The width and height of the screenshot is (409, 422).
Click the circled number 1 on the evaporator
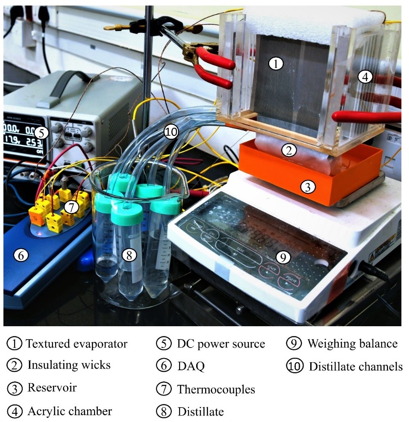(276, 64)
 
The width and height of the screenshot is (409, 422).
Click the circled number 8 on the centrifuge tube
(129, 255)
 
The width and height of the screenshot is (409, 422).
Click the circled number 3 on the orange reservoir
(306, 186)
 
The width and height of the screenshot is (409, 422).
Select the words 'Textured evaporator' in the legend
(77, 344)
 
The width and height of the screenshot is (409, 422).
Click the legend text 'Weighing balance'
(352, 344)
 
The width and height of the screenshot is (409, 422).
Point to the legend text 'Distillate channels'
(355, 366)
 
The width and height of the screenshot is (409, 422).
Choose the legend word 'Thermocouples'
(216, 390)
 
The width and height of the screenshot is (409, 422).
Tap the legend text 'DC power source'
(221, 344)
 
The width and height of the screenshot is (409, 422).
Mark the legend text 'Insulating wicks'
(69, 365)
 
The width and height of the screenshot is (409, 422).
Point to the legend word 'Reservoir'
(52, 388)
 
